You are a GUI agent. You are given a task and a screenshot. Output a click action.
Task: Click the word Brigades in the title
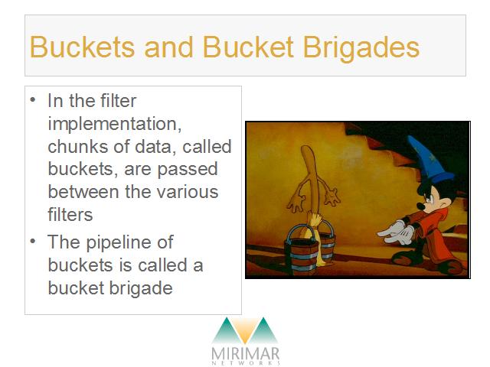[361, 48]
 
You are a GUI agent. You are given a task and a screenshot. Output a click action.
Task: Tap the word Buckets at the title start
[82, 47]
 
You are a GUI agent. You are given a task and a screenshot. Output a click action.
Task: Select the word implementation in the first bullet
[114, 125]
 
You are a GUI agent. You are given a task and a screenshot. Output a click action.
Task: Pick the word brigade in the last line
[141, 288]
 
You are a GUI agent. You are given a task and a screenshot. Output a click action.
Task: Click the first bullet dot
[33, 100]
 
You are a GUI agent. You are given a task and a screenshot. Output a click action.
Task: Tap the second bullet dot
[33, 241]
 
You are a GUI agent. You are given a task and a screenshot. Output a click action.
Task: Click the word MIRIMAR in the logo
[245, 353]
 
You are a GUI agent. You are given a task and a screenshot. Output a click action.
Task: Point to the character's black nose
[420, 206]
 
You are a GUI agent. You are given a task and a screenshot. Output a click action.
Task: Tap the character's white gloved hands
[397, 232]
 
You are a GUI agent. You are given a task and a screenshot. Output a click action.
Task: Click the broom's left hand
[296, 203]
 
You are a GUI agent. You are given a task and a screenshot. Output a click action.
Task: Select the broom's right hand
[332, 196]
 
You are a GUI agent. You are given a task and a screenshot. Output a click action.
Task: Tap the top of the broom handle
[307, 148]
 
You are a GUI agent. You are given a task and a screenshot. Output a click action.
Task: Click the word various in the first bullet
[187, 192]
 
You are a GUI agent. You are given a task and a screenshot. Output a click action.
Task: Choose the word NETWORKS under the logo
[246, 363]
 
